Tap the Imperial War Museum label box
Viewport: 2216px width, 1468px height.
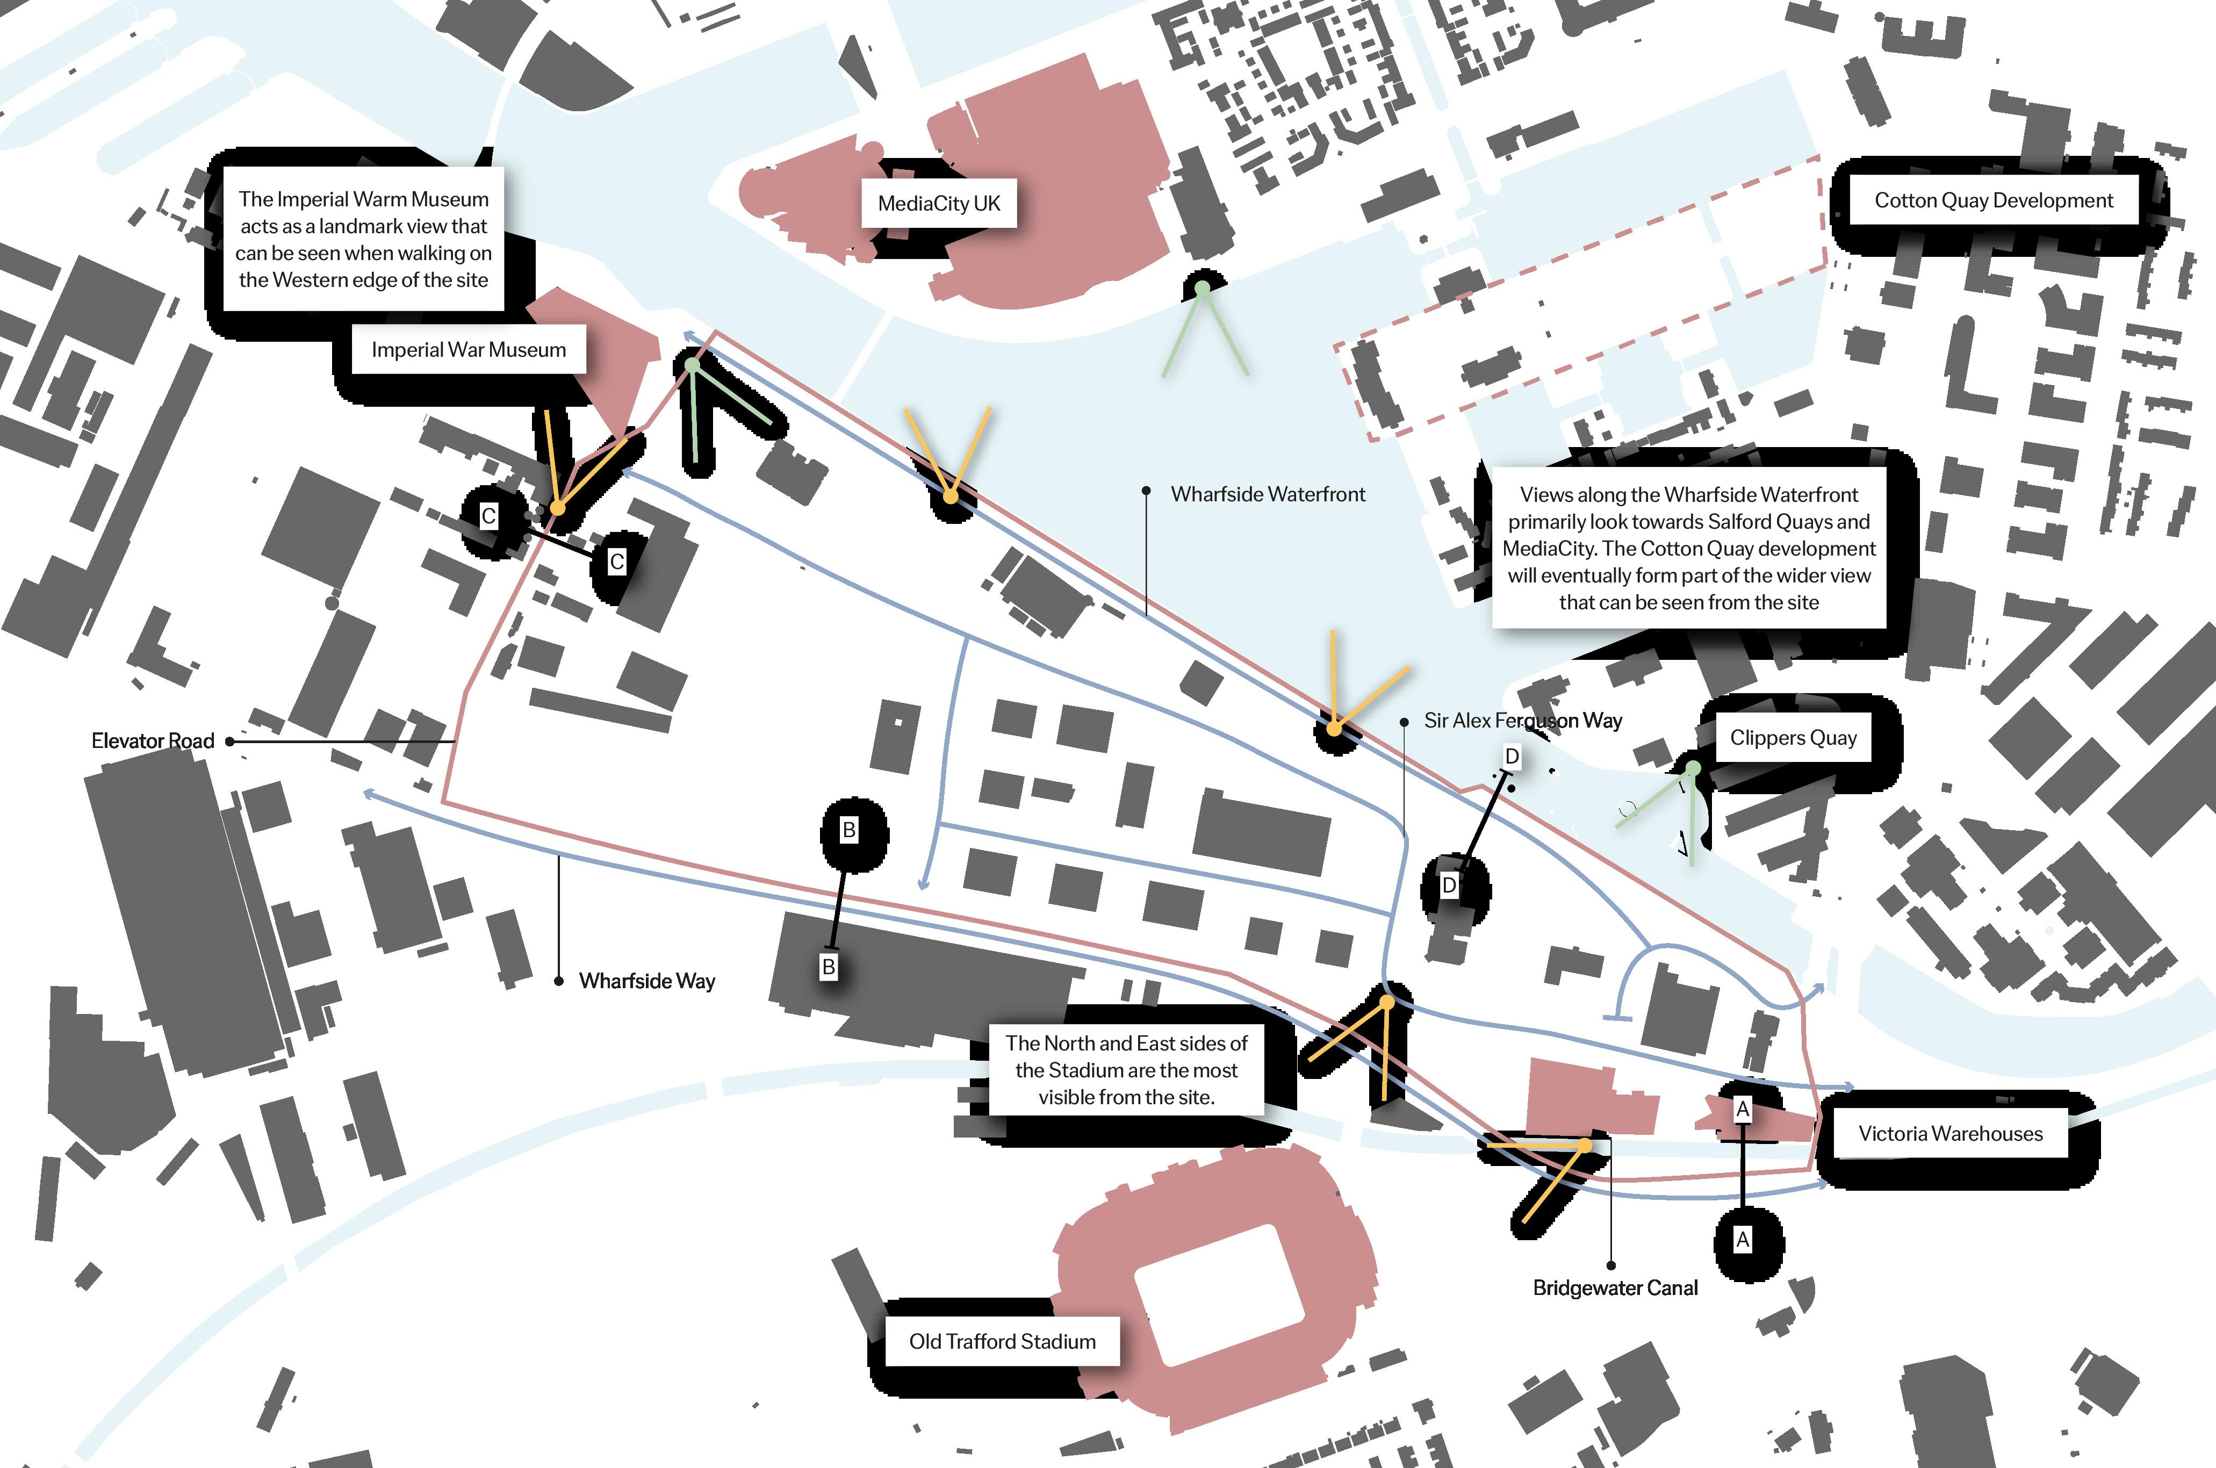pos(468,349)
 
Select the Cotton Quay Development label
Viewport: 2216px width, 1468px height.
pos(1993,200)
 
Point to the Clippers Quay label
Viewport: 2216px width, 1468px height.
pos(1792,738)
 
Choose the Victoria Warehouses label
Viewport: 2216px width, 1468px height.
pos(1950,1134)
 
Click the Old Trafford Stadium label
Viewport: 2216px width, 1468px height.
pos(1002,1342)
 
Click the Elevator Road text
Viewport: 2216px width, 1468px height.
pos(153,740)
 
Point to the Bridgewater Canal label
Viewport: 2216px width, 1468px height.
pos(1615,1287)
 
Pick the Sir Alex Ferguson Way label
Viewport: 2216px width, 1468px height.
pos(1522,720)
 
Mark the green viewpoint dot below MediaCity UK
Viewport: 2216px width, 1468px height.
pos(1202,289)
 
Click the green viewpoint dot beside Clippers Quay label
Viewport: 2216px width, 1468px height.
pos(1693,768)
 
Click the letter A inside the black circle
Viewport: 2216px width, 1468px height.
pos(1742,1240)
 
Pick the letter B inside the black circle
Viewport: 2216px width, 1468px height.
pos(849,830)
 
